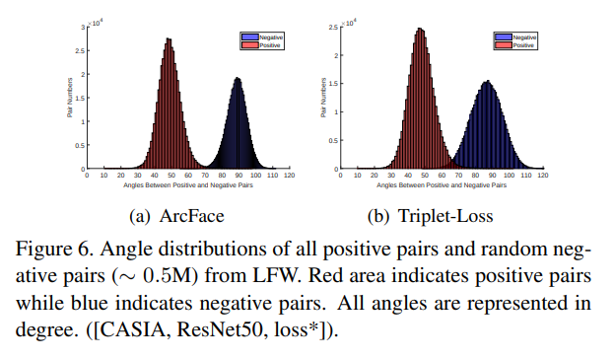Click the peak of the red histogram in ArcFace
click(169, 40)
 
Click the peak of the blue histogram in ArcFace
click(237, 79)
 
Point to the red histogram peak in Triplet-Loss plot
click(420, 30)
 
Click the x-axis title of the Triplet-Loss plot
click(442, 185)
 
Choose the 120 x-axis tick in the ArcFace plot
click(289, 176)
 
